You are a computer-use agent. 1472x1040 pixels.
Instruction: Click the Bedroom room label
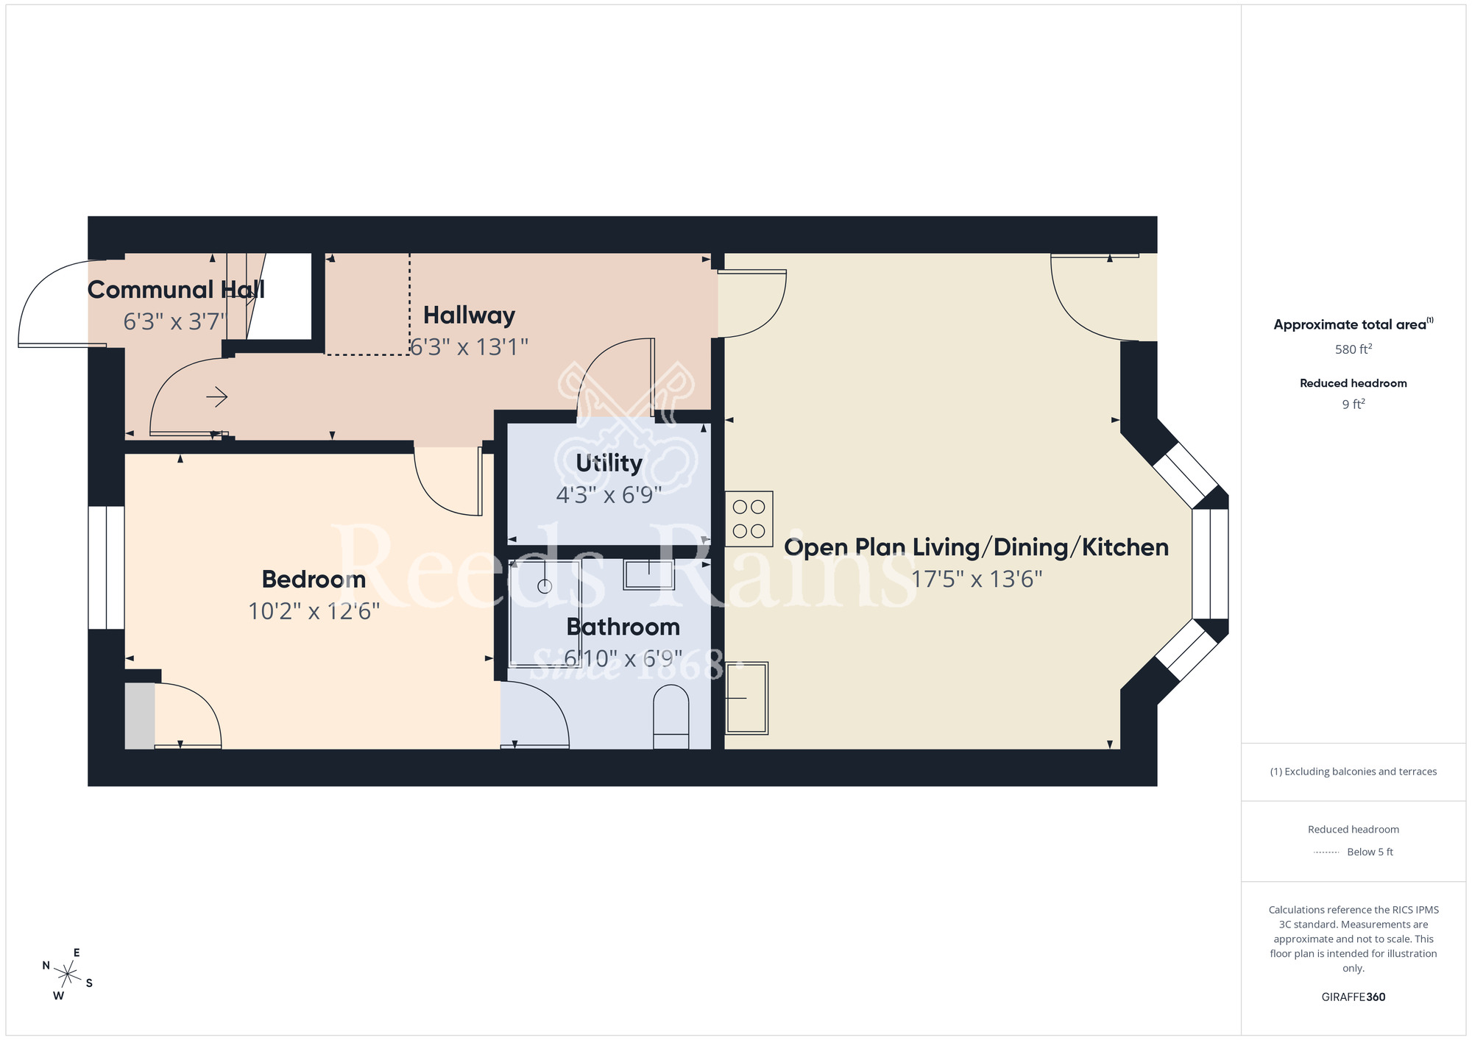(x=314, y=580)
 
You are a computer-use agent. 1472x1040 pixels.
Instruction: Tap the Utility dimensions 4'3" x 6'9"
(x=609, y=495)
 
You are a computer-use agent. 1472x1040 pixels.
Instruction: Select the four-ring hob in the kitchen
(x=749, y=519)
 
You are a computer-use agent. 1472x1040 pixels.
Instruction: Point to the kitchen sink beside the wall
(x=746, y=697)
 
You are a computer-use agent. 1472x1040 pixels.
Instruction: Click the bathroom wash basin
(x=648, y=574)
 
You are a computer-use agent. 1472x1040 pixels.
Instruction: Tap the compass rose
(x=68, y=975)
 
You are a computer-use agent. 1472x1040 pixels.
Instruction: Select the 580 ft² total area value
(x=1353, y=349)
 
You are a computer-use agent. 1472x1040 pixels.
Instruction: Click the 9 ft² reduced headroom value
(x=1353, y=405)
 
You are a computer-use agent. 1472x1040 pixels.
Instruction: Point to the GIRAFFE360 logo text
(x=1353, y=997)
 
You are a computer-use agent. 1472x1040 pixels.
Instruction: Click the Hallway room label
(x=469, y=316)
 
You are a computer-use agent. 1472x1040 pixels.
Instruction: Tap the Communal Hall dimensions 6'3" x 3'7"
(x=175, y=322)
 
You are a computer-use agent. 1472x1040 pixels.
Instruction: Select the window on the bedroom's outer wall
(x=106, y=567)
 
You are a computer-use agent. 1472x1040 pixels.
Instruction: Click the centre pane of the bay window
(x=1210, y=563)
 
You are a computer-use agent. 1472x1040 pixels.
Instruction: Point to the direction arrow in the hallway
(x=216, y=397)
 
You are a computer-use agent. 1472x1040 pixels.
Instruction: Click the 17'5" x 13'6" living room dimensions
(x=977, y=580)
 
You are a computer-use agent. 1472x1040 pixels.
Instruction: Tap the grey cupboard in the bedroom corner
(x=140, y=716)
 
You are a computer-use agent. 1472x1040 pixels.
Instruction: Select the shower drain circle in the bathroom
(x=545, y=586)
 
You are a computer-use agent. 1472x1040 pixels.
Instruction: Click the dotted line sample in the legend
(x=1326, y=852)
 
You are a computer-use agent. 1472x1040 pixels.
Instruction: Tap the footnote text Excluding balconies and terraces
(x=1353, y=772)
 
